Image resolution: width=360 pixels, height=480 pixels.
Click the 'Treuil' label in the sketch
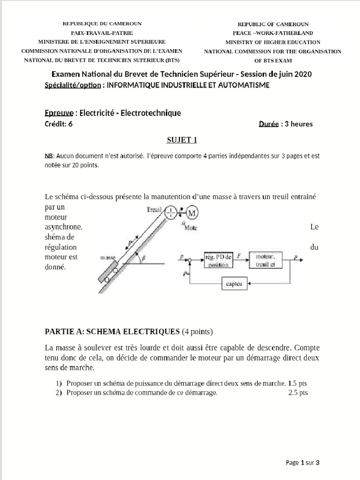tap(154, 210)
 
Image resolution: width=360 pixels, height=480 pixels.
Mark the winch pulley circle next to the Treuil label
tap(172, 213)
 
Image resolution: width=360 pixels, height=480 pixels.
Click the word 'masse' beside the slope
tap(108, 257)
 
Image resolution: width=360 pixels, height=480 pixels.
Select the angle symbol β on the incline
tap(143, 257)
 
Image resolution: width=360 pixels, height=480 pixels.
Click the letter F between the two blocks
tap(239, 256)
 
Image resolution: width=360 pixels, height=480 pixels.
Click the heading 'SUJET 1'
tap(180, 140)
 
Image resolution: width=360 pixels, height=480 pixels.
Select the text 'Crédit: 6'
tap(59, 124)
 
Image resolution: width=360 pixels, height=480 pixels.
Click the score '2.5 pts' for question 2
tap(298, 393)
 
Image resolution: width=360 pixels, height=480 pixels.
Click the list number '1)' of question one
tap(59, 383)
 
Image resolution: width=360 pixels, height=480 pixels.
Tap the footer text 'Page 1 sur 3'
tap(302, 463)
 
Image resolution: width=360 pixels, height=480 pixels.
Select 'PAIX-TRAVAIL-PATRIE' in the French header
tap(102, 33)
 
